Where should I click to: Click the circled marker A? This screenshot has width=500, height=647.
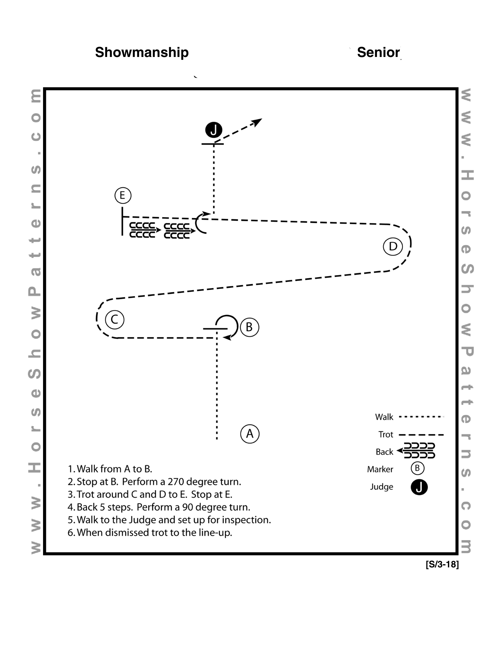click(x=250, y=434)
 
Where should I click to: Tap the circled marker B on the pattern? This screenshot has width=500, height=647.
click(x=250, y=327)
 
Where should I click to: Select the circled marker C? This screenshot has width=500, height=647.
click(x=115, y=320)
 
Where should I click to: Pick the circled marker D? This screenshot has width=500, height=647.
click(x=393, y=246)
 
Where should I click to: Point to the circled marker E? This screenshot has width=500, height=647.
click(x=123, y=195)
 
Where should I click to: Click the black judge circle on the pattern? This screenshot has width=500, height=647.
click(x=214, y=130)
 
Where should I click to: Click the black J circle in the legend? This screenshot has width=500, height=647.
click(x=419, y=487)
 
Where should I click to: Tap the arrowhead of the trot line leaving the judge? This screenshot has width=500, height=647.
click(x=258, y=121)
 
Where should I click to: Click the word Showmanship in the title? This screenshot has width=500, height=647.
click(x=142, y=52)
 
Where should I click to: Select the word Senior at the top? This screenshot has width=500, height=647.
click(x=378, y=52)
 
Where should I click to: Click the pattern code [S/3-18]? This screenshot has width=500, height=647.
click(x=442, y=565)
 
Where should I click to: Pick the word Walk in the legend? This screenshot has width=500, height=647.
click(x=384, y=417)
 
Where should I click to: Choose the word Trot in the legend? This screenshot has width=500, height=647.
click(x=386, y=435)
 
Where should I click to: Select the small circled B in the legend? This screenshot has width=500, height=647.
click(x=417, y=468)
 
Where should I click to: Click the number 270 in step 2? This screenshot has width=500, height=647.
click(x=176, y=482)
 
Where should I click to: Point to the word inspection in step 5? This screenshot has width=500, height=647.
click(x=250, y=520)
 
